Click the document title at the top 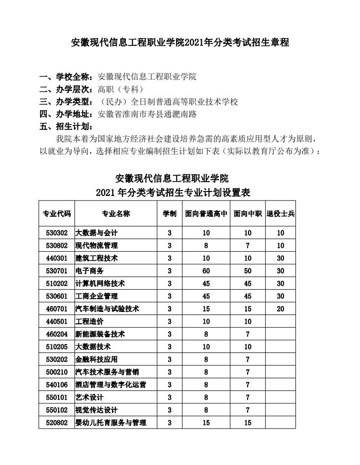[x=180, y=43]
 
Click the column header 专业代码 [x=57, y=214]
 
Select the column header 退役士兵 [x=281, y=214]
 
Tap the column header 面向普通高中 [x=206, y=214]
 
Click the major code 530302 [x=56, y=232]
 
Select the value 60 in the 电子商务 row [x=206, y=271]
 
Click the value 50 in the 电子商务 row [x=248, y=271]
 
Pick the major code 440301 [x=56, y=258]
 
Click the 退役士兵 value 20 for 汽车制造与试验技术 [x=281, y=309]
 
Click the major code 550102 [x=56, y=410]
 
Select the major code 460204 [x=56, y=334]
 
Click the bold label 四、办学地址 [x=67, y=115]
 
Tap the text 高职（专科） [x=121, y=89]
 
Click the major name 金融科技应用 [x=96, y=359]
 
